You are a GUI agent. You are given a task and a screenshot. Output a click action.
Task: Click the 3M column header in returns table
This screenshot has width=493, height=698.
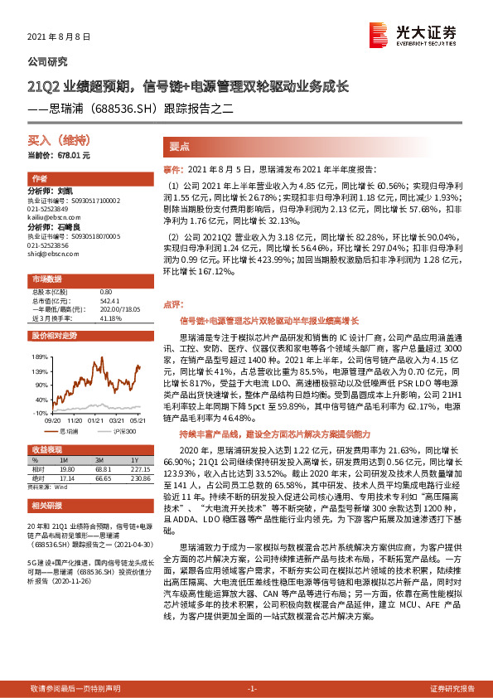(99, 460)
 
